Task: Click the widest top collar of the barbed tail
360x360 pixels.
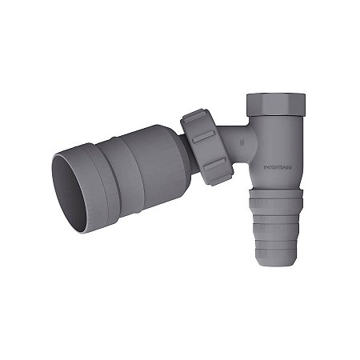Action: coord(277,197)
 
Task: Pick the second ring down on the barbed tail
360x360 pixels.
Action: coord(277,216)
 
